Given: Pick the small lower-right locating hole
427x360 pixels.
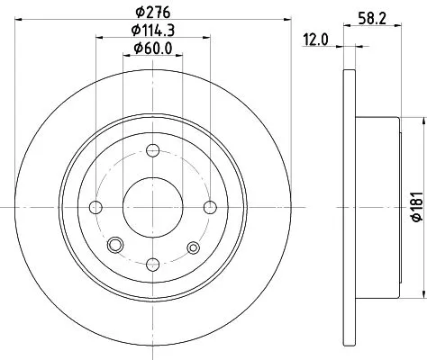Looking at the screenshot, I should [191, 246].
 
